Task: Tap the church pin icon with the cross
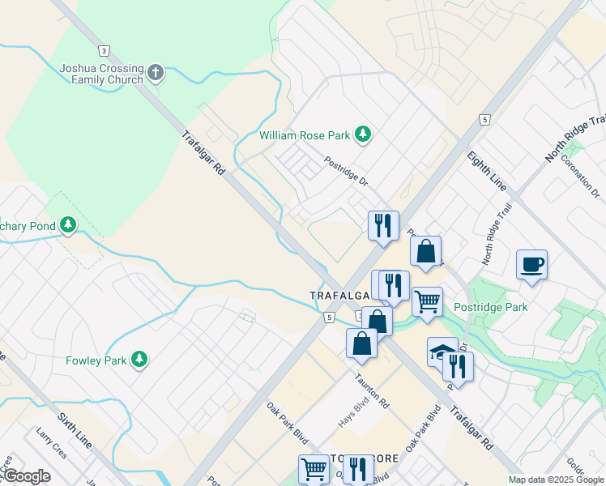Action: (x=156, y=74)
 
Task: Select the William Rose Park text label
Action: (x=307, y=134)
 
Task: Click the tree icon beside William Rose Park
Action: (x=365, y=134)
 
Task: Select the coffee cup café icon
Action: (x=531, y=264)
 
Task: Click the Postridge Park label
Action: (x=490, y=307)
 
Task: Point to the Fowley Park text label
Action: (x=96, y=360)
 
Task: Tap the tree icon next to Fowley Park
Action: (x=139, y=359)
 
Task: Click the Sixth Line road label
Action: (x=75, y=432)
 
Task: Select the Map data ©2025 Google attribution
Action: (x=555, y=480)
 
